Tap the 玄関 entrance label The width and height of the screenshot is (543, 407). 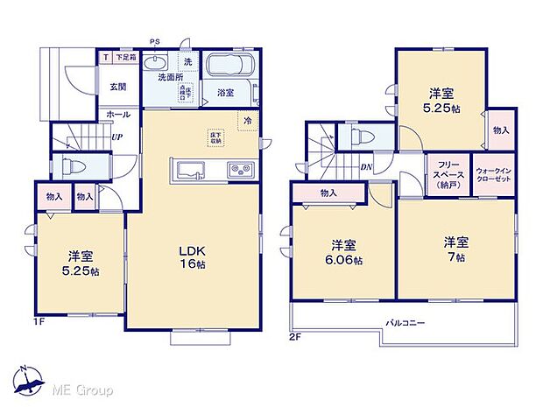pyautogui.click(x=118, y=86)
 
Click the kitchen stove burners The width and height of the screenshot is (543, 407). pyautogui.click(x=240, y=169)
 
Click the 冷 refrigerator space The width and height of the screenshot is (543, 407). pyautogui.click(x=248, y=120)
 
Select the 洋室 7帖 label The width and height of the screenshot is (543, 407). pyautogui.click(x=454, y=247)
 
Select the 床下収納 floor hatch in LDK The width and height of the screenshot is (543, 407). pyautogui.click(x=215, y=137)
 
